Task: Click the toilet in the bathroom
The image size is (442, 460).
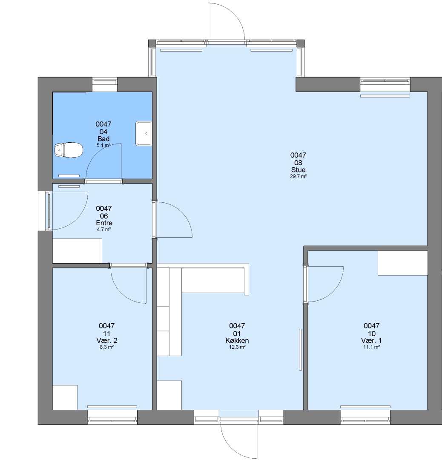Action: [x=68, y=150]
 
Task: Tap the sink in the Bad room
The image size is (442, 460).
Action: [x=144, y=133]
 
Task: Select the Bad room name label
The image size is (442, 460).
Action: [x=103, y=139]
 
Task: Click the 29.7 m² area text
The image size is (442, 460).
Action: [x=298, y=176]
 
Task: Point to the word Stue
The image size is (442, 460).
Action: [x=298, y=170]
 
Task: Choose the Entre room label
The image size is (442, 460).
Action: [x=104, y=223]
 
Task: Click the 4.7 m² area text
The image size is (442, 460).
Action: [x=104, y=230]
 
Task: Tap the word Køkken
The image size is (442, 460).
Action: [x=237, y=341]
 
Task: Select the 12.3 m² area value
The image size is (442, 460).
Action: [x=237, y=347]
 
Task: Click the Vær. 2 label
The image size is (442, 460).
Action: [x=107, y=341]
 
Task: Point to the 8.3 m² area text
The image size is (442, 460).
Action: [x=107, y=347]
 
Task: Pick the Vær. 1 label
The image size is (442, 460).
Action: [x=372, y=341]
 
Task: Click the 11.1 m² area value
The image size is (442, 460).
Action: [x=372, y=347]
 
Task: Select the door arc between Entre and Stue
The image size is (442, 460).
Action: [x=182, y=211]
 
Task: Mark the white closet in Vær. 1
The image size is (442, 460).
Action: [x=402, y=263]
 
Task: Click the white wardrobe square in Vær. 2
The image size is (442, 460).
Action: [x=65, y=397]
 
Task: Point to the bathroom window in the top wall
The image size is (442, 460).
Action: [x=105, y=85]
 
